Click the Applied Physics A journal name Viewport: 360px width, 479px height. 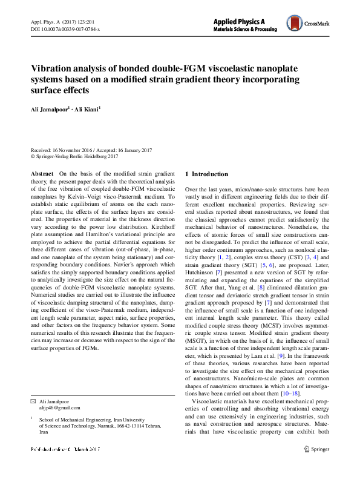(x=240, y=21)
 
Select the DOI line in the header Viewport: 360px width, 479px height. (x=65, y=28)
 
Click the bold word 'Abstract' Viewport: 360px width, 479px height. (x=43, y=174)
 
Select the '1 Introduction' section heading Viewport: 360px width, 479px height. (x=207, y=174)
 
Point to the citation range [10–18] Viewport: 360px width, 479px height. (x=290, y=393)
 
